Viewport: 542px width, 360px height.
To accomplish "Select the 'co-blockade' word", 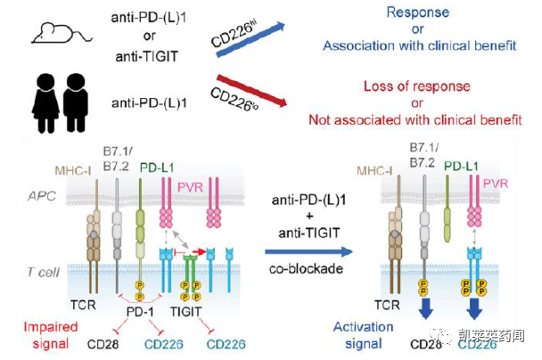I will click(x=308, y=269).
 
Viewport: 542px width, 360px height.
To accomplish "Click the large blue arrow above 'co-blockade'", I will click(x=308, y=252).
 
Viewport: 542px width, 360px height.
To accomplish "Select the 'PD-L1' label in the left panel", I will click(x=157, y=168).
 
